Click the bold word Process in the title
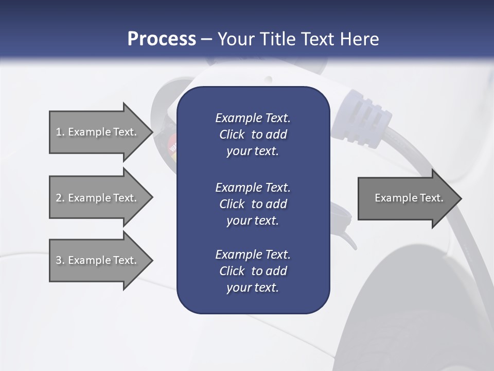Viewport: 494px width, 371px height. click(162, 39)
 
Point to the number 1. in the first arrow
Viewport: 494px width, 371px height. click(60, 132)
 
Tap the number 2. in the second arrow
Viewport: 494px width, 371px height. click(60, 198)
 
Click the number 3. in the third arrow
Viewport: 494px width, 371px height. click(60, 260)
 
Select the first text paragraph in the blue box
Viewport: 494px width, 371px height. click(253, 134)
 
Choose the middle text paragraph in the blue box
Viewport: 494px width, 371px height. click(253, 204)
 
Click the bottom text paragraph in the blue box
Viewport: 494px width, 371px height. click(253, 271)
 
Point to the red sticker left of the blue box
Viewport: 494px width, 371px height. click(173, 143)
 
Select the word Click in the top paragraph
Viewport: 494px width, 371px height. click(232, 134)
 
